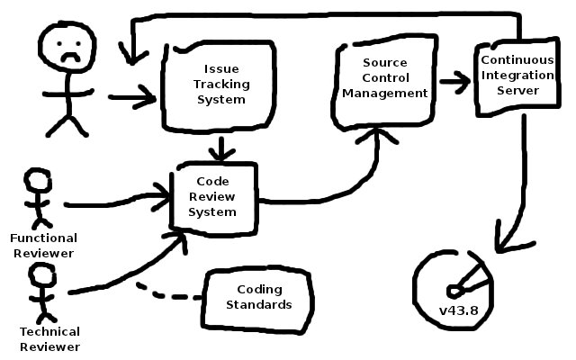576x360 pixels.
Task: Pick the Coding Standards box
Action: click(x=260, y=297)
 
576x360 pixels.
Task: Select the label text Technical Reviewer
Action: click(x=49, y=339)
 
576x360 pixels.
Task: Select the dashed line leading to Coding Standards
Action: click(x=171, y=294)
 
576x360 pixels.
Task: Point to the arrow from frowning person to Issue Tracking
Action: click(x=131, y=95)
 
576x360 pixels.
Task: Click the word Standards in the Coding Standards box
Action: click(x=260, y=305)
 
